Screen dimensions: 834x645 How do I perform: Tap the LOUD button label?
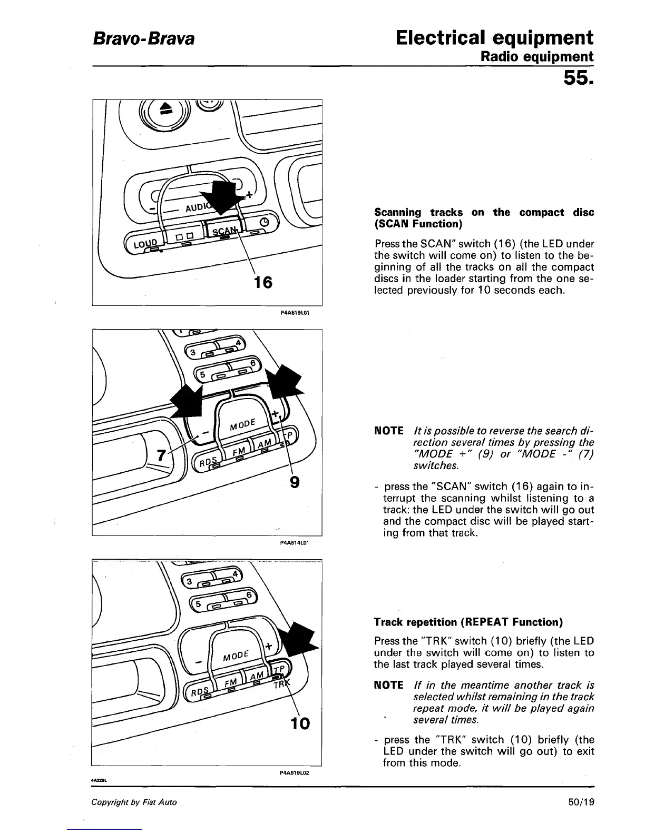[145, 244]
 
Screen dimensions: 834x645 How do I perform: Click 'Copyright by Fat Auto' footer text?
[134, 802]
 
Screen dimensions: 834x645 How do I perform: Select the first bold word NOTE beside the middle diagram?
[388, 431]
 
